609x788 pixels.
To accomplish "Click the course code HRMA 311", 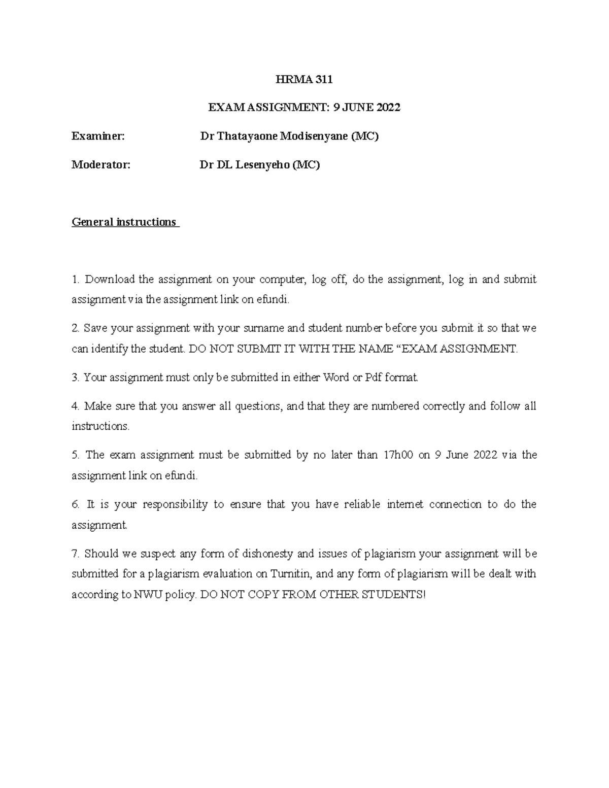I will point(304,79).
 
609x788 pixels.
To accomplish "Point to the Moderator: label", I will point(101,164).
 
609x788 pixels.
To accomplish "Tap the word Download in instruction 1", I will point(110,279).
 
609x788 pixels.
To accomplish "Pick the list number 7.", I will point(75,553).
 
